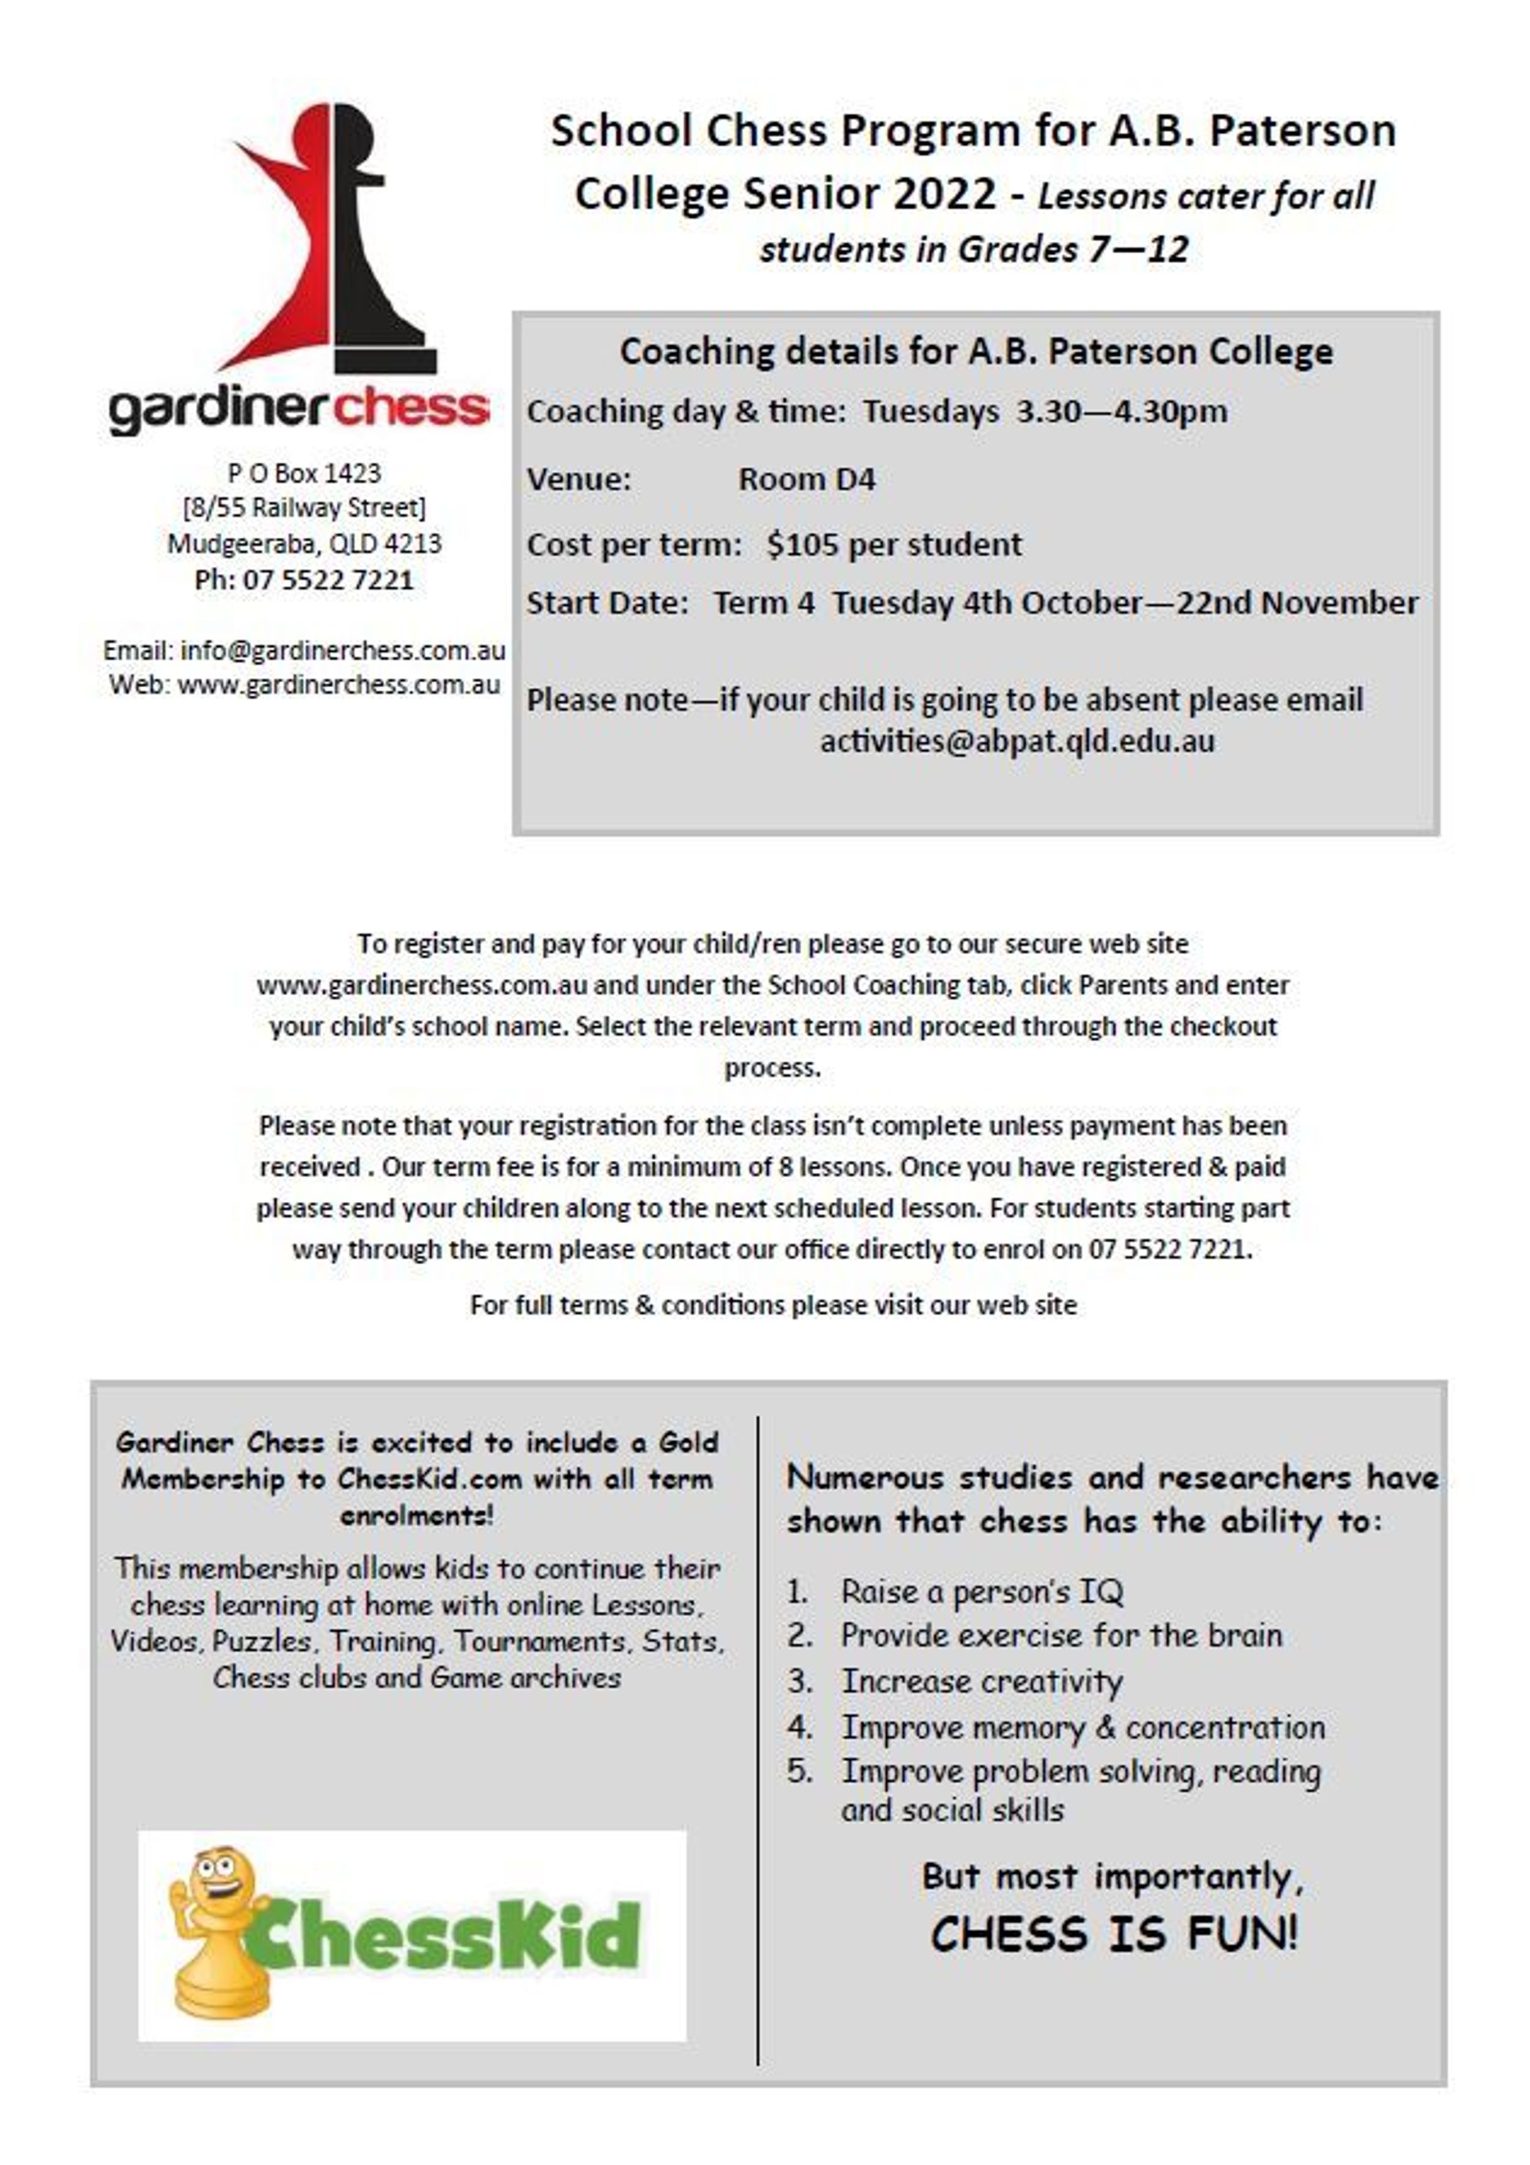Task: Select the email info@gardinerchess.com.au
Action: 342,650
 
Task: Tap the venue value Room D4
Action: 807,479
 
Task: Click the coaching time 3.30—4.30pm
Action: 1122,412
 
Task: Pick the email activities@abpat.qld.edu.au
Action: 1017,741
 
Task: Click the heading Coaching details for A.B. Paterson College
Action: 976,352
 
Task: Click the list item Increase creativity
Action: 981,1681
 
